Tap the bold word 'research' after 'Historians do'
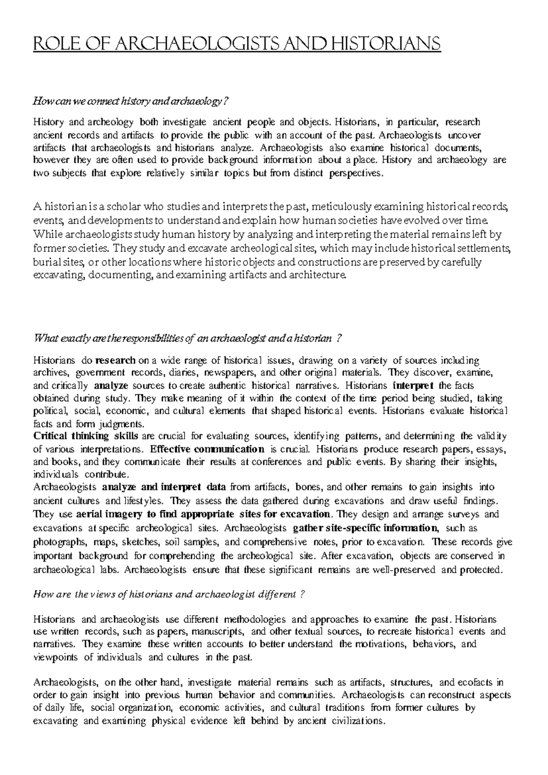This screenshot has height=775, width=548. point(116,360)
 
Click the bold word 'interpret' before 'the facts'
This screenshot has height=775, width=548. point(414,385)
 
